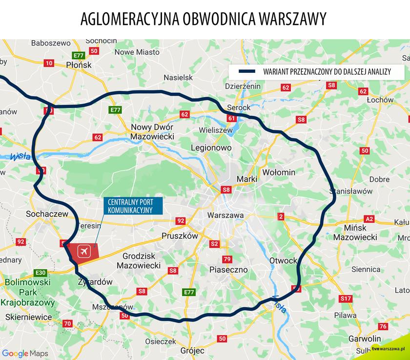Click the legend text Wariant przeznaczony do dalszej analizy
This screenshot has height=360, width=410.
coord(327,72)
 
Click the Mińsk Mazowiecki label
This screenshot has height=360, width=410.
coord(355,232)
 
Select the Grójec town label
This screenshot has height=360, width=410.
coord(192,350)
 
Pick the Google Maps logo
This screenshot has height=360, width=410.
coord(21,353)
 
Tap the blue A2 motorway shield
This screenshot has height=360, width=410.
coord(369,219)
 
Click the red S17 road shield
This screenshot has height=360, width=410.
coord(346,298)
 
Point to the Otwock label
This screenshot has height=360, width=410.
coord(283,261)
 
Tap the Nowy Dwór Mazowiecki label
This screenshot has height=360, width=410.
coord(152,131)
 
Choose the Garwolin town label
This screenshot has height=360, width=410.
coord(364,339)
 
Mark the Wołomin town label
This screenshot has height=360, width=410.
coord(279,172)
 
